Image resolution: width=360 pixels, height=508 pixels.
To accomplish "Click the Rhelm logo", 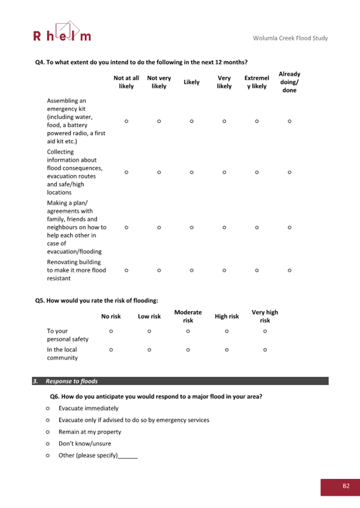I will pyautogui.click(x=62, y=32).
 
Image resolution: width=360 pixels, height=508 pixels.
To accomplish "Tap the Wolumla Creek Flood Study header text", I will pyautogui.click(x=291, y=38).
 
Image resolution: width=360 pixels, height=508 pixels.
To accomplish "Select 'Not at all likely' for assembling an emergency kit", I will pyautogui.click(x=126, y=121).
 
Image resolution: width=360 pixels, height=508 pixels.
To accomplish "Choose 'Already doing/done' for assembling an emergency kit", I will pyautogui.click(x=289, y=121).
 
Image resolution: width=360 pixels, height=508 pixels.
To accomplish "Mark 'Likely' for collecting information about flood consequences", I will pyautogui.click(x=191, y=172).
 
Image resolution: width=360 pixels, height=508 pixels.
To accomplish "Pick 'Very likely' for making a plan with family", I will pyautogui.click(x=224, y=227).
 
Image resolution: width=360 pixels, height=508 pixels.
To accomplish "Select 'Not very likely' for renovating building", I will pyautogui.click(x=159, y=270).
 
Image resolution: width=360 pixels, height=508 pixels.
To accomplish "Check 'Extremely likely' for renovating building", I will pyautogui.click(x=257, y=270).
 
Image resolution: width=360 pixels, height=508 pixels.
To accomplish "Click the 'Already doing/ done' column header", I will pyautogui.click(x=289, y=82).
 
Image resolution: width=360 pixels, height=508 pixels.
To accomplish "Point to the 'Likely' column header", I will pyautogui.click(x=191, y=82).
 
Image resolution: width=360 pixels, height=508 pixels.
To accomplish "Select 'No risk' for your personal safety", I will pyautogui.click(x=111, y=331).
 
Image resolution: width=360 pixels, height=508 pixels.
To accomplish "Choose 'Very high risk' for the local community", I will pyautogui.click(x=265, y=350).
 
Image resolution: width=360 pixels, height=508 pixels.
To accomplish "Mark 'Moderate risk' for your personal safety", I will pyautogui.click(x=188, y=331).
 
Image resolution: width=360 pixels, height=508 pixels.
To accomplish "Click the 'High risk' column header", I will pyautogui.click(x=227, y=316).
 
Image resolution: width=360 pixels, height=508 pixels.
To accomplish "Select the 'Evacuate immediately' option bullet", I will pyautogui.click(x=48, y=408).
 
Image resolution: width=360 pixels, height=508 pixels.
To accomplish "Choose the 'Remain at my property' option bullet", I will pyautogui.click(x=48, y=432).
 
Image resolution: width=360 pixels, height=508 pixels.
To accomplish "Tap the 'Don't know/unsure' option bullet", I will pyautogui.click(x=48, y=444).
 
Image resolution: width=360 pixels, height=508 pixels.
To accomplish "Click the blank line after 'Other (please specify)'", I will pyautogui.click(x=128, y=456).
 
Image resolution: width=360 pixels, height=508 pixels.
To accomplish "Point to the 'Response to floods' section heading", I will pyautogui.click(x=71, y=381).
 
